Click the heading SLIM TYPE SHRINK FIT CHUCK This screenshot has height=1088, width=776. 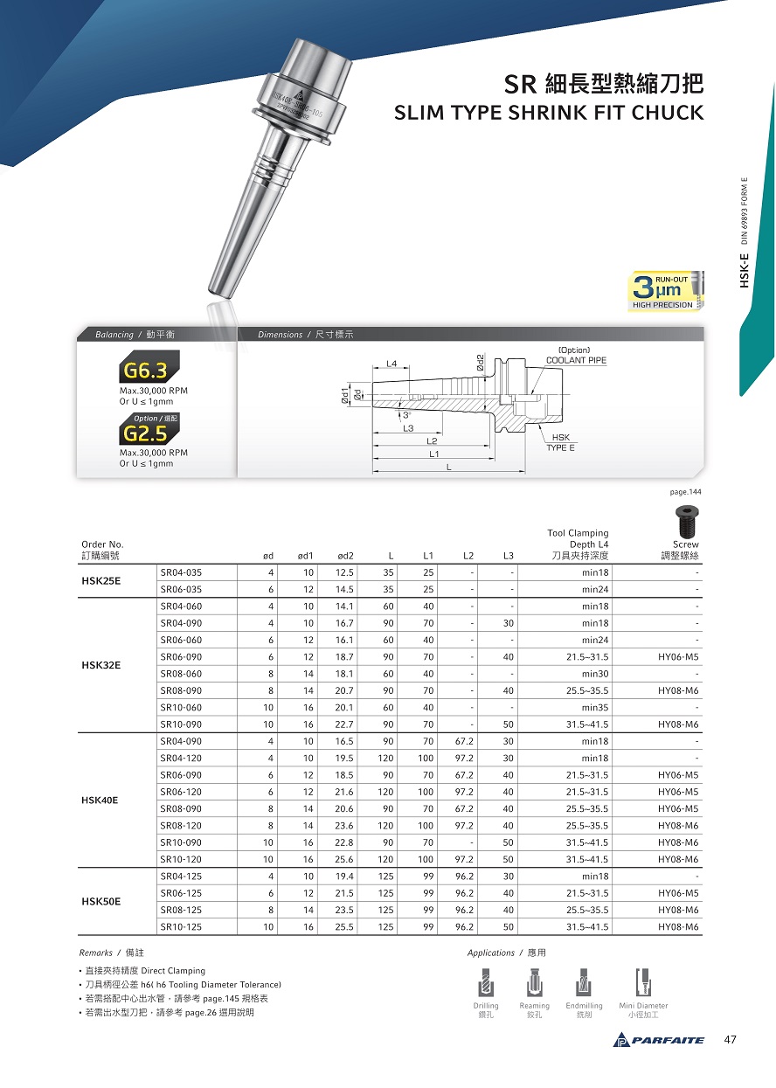pyautogui.click(x=549, y=113)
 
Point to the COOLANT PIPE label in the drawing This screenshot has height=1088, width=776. pyautogui.click(x=576, y=360)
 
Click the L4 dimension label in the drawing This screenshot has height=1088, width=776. pyautogui.click(x=391, y=363)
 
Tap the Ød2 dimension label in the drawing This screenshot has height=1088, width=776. pyautogui.click(x=481, y=361)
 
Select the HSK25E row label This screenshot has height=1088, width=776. pyautogui.click(x=100, y=581)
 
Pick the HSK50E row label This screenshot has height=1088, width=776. pyautogui.click(x=100, y=901)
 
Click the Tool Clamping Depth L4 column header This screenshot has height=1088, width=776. pyautogui.click(x=579, y=544)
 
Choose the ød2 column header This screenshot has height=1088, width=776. pyautogui.click(x=345, y=556)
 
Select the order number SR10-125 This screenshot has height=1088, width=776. pyautogui.click(x=181, y=926)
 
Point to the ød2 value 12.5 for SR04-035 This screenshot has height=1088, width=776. pyautogui.click(x=344, y=572)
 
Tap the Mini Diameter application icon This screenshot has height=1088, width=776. pyautogui.click(x=643, y=982)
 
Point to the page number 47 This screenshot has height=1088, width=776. pyautogui.click(x=731, y=1039)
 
